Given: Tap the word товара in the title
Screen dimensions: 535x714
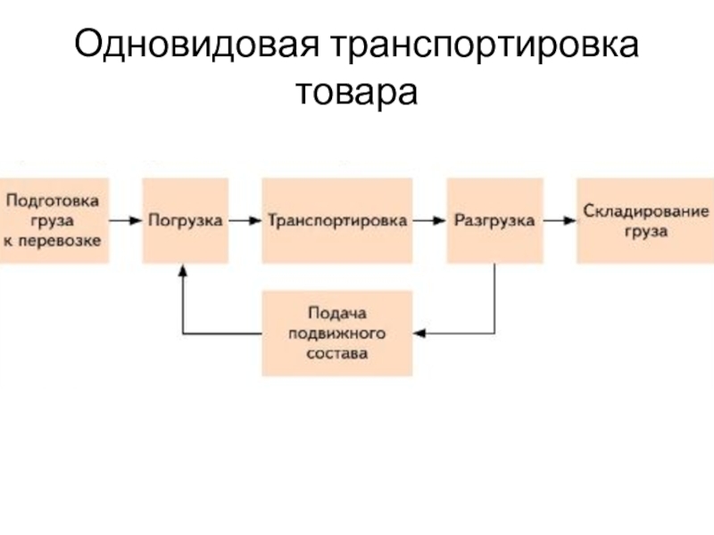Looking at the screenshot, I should tap(357, 93).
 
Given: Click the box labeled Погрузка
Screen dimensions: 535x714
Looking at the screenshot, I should tap(185, 219).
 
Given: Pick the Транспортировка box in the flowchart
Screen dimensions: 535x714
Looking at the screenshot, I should tap(337, 219).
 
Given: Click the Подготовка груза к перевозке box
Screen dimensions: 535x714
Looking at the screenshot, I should tap(54, 219).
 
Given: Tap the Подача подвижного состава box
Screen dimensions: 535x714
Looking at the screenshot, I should tap(337, 333).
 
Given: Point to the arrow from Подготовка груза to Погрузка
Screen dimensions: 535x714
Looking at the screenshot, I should tap(126, 219).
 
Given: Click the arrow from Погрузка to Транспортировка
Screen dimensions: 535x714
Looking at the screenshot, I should tap(245, 219).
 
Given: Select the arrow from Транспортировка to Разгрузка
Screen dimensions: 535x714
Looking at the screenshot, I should tap(429, 219).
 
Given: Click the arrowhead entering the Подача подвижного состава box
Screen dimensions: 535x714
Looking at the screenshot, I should tap(420, 333).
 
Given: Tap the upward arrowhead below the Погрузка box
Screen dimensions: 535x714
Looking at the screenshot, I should tap(183, 269).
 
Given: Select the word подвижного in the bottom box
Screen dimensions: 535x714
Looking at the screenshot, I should tap(337, 333).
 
